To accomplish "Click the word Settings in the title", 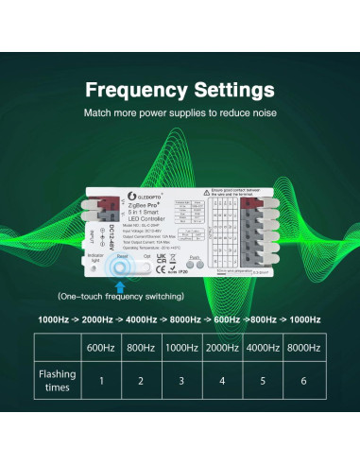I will (231, 91).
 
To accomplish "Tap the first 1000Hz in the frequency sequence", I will (56, 319).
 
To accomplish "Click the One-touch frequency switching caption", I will (121, 296).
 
